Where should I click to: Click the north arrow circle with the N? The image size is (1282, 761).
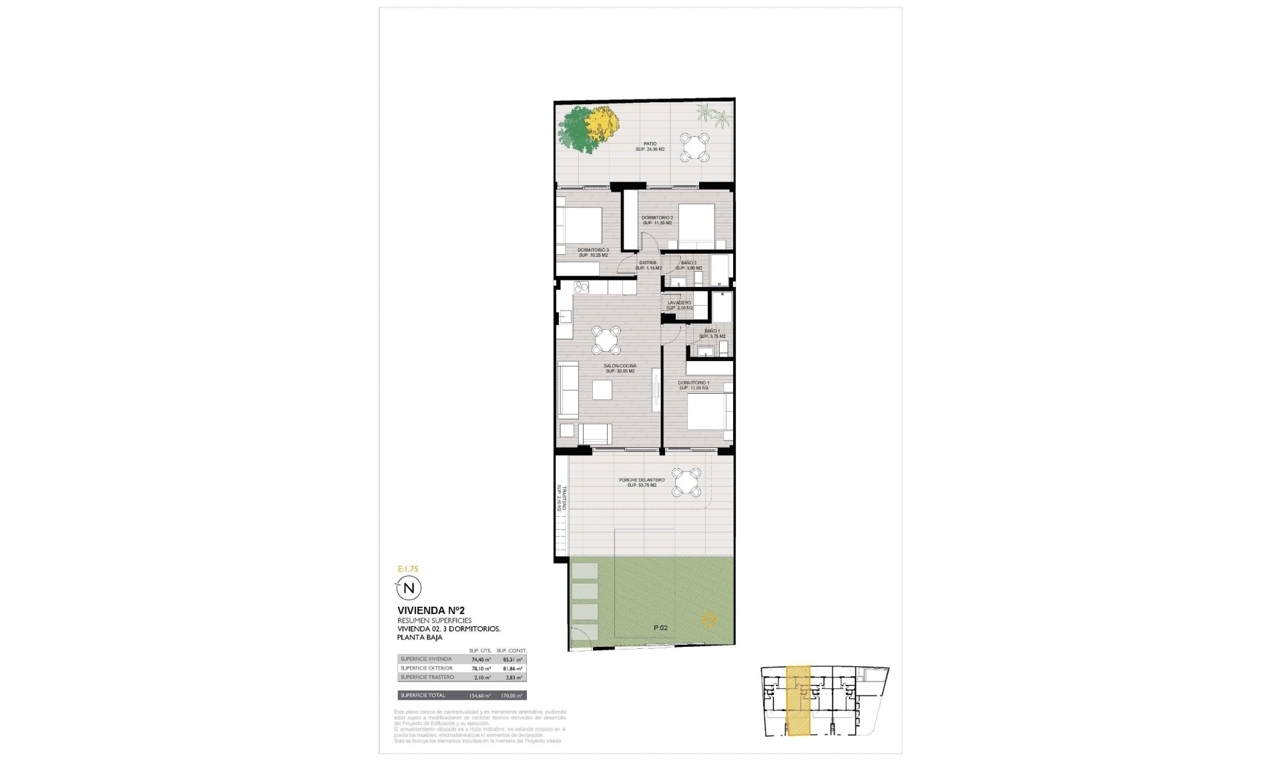tap(409, 588)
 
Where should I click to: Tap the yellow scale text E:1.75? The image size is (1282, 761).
tap(407, 569)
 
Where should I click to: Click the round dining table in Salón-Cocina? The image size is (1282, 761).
tap(606, 340)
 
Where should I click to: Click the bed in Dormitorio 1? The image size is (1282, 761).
tap(709, 413)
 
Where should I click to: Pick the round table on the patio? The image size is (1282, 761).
tap(694, 147)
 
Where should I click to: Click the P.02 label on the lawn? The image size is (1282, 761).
tap(660, 627)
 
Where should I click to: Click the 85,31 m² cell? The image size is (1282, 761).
tap(512, 659)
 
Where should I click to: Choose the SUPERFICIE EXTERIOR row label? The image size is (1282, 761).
tap(426, 668)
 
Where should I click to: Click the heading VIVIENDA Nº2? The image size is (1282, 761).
tap(431, 610)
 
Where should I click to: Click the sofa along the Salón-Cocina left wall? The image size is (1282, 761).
tap(568, 390)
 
